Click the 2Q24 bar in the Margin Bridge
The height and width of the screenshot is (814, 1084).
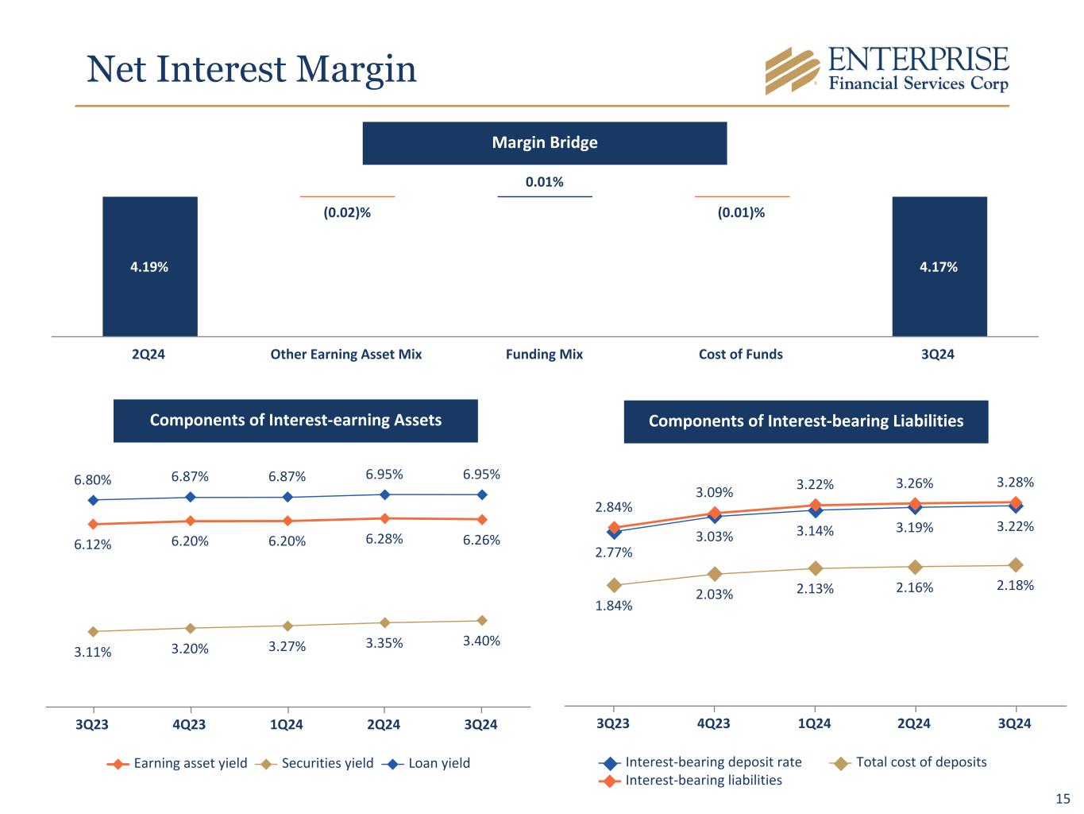point(149,266)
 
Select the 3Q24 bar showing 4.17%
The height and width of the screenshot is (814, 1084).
point(939,266)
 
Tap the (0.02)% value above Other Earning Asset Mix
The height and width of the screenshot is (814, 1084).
point(347,213)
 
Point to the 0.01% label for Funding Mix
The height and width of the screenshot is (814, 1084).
point(545,182)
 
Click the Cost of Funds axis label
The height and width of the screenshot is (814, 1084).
point(740,355)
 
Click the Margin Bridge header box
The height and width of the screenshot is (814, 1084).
point(545,143)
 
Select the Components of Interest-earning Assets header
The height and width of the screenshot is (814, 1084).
point(295,421)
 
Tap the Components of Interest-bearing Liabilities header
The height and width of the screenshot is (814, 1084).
point(805,421)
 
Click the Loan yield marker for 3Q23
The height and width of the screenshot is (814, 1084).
point(93,500)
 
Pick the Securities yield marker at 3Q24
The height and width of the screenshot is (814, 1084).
point(481,620)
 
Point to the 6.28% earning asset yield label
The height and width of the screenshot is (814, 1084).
point(384,539)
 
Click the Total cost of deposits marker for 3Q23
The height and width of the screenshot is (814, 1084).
point(614,585)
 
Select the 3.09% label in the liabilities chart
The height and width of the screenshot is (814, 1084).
point(715,493)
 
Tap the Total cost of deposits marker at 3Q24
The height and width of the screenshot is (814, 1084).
point(1015,565)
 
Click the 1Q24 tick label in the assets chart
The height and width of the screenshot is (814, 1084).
point(287,724)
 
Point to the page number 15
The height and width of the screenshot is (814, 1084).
point(1063,799)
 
